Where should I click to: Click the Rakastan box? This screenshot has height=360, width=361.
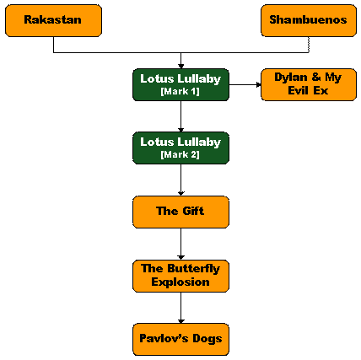click(x=53, y=20)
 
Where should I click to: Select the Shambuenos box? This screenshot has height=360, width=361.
click(x=309, y=20)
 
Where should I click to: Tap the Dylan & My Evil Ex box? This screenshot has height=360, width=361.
click(x=309, y=84)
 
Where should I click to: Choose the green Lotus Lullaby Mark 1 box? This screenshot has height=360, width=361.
click(x=180, y=84)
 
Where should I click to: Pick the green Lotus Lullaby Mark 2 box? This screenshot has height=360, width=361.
click(x=180, y=148)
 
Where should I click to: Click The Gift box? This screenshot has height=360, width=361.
click(x=180, y=212)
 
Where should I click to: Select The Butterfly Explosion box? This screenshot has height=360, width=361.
click(x=180, y=276)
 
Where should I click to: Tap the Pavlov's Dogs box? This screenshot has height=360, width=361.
click(x=180, y=340)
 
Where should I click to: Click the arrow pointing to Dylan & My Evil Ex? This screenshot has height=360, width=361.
click(x=245, y=84)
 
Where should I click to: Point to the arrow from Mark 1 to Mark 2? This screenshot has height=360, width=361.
click(x=180, y=116)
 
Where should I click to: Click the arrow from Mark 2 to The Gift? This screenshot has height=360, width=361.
click(x=180, y=180)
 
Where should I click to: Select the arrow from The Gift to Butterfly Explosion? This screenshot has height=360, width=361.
click(x=180, y=244)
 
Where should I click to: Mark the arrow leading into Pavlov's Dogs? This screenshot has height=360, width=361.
click(x=180, y=308)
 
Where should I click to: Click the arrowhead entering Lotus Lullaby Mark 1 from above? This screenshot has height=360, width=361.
click(x=180, y=67)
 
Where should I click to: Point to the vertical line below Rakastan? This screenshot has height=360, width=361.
click(x=53, y=45)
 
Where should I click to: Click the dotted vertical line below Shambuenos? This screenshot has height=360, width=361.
click(x=309, y=45)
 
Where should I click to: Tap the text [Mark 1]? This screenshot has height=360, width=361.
click(x=180, y=91)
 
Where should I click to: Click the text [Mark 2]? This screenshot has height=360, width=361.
click(x=180, y=154)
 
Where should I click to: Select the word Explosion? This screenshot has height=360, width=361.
click(x=180, y=282)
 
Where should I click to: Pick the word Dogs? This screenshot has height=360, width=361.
click(x=207, y=339)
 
